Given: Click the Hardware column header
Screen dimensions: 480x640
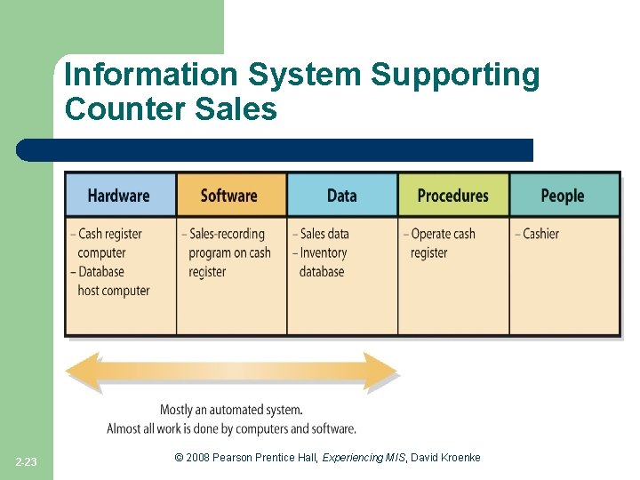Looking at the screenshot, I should point(119,196).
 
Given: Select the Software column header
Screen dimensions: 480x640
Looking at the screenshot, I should point(229,196).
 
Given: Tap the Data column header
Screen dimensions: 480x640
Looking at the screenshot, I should point(341,196).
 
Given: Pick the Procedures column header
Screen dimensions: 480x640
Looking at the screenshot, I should point(452,196).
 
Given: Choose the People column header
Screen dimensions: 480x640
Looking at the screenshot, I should point(563,196).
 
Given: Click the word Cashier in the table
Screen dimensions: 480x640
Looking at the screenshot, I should point(540,234).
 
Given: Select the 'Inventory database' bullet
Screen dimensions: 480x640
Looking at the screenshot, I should point(322,262).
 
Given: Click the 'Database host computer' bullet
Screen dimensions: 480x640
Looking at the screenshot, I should point(112,281).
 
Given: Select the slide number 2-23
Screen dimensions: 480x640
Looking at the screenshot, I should point(27,461).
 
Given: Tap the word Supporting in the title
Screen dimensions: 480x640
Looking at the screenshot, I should point(455,76).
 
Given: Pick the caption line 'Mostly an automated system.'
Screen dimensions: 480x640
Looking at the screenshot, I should point(231,410).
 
